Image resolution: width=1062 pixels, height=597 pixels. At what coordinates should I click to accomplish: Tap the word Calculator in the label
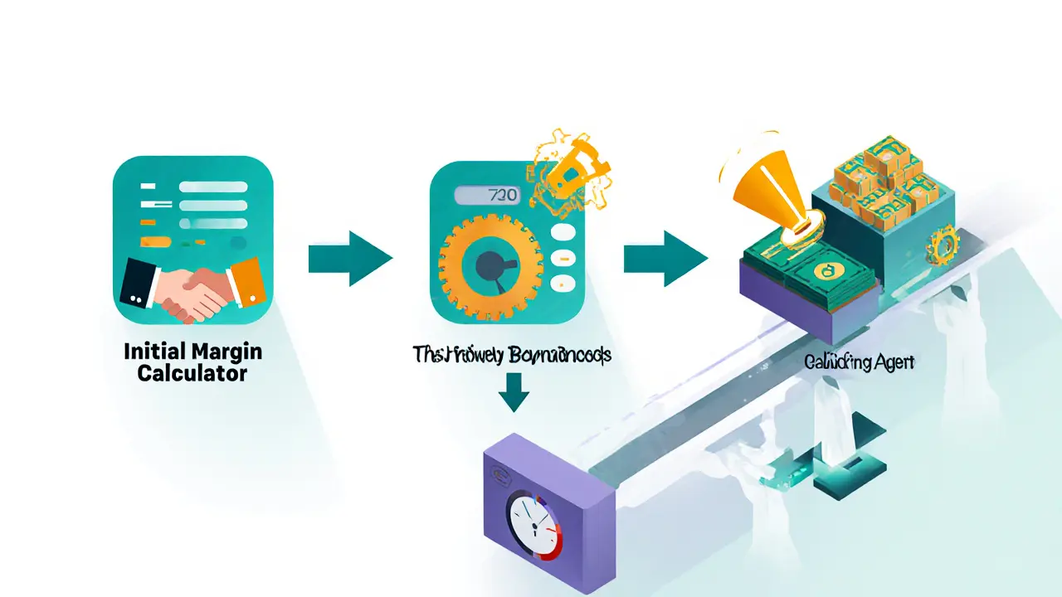(x=192, y=373)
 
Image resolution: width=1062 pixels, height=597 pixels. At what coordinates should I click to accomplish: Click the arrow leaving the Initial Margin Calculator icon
(x=349, y=259)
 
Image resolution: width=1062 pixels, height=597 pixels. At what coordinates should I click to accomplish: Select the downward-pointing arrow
(x=514, y=391)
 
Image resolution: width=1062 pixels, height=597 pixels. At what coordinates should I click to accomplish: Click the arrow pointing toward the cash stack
(x=665, y=259)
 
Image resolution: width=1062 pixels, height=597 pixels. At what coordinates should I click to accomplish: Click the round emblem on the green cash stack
(x=826, y=269)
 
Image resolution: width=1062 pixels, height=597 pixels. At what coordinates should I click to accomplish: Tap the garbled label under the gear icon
(x=512, y=355)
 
